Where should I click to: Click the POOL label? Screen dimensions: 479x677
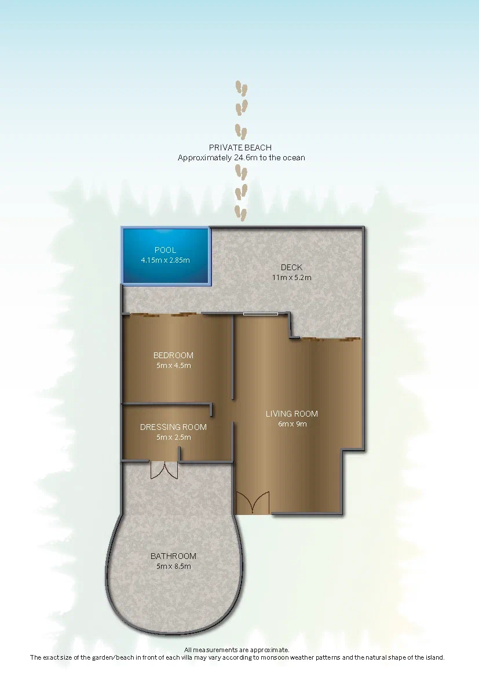pos(165,250)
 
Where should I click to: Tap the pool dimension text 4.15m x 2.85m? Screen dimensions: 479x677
pos(165,260)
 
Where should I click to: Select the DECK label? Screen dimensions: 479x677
pos(291,267)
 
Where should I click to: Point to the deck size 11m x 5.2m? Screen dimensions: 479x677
pos(291,278)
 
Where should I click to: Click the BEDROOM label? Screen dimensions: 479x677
pos(173,355)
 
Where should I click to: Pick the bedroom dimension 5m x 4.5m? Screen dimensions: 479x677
pos(173,365)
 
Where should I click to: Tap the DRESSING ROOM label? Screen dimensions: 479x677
pos(173,427)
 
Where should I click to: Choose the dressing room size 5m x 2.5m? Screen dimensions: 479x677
pos(173,437)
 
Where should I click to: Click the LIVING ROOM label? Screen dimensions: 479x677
pos(292,414)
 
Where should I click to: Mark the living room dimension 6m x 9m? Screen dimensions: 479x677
pos(292,424)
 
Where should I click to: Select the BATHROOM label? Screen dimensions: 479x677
pos(173,556)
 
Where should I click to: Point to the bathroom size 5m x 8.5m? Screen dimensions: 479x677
pos(173,566)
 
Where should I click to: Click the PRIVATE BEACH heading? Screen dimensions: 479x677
pos(240,148)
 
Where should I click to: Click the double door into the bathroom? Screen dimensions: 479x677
pos(164,470)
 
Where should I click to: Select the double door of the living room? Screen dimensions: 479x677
pos(253,503)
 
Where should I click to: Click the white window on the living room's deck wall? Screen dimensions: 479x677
pos(261,314)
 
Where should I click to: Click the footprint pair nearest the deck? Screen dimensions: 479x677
pos(240,214)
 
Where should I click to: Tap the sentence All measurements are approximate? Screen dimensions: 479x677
pos(237,650)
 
